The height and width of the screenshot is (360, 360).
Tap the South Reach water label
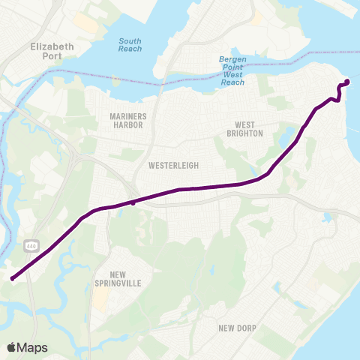click(130, 44)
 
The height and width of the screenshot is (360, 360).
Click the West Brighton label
click(248, 129)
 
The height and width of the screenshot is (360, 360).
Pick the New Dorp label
click(238, 328)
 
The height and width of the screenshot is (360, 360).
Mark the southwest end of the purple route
click(13, 279)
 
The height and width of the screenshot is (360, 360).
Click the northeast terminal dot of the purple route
click(346, 82)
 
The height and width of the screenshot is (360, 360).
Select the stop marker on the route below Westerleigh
click(133, 202)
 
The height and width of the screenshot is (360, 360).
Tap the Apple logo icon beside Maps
click(11, 346)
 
